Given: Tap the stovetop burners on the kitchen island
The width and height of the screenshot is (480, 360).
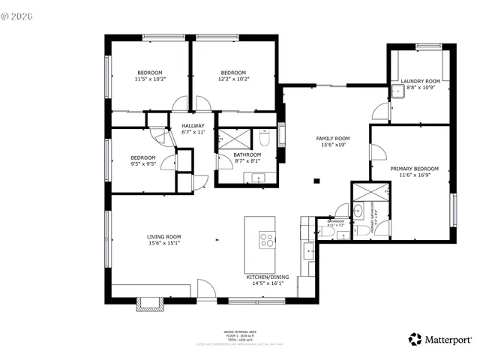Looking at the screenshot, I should tap(266, 240).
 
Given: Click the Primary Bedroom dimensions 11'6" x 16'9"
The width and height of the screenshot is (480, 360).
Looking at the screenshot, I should tap(414, 174).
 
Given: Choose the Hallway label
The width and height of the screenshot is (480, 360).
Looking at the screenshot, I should tap(193, 128).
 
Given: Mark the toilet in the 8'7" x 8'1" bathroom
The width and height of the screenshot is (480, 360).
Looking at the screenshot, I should tap(265, 139).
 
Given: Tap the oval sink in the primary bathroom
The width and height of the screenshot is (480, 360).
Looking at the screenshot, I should tap(358, 210).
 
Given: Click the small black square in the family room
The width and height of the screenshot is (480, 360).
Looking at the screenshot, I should tap(317, 180).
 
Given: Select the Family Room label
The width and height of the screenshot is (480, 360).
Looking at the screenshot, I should tap(331, 142).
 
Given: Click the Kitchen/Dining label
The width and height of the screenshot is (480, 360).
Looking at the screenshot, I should tap(265, 280).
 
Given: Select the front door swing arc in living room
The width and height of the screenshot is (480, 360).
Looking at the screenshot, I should tap(205, 289).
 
